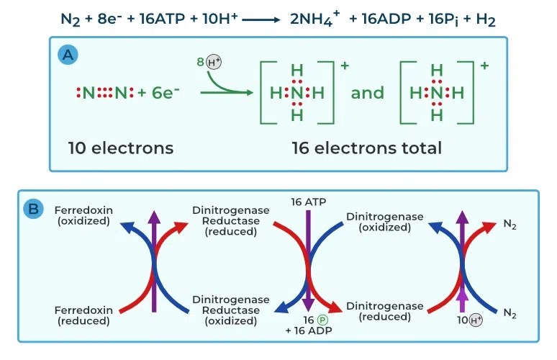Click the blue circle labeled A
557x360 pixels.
68,55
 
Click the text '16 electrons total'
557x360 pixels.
366,148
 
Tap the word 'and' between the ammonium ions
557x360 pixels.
368,93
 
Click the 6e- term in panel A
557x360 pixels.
165,93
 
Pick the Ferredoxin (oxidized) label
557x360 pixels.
83,215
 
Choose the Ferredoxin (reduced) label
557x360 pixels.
83,315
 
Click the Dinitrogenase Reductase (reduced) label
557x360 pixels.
231,220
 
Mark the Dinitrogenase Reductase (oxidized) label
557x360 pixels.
231,310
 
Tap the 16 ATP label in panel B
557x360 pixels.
308,202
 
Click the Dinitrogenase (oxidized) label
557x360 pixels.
384,221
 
